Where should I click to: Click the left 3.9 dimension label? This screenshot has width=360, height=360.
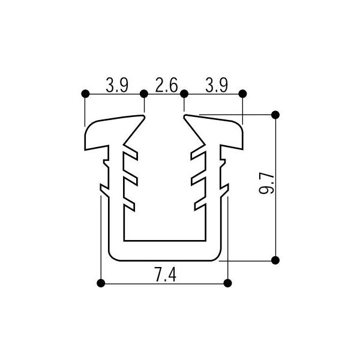117,85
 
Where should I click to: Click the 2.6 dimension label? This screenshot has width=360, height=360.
166,85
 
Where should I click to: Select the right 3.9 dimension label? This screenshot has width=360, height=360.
217,85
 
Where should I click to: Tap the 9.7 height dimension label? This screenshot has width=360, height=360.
266,184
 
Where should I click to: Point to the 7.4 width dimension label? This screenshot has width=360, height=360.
166,275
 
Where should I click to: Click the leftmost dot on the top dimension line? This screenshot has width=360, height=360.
85,94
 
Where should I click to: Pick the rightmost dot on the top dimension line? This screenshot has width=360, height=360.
242,94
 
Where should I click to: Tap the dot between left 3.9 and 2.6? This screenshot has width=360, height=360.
144,94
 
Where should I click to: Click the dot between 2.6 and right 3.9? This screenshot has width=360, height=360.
184,94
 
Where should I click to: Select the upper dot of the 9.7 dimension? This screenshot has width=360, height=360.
275,115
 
